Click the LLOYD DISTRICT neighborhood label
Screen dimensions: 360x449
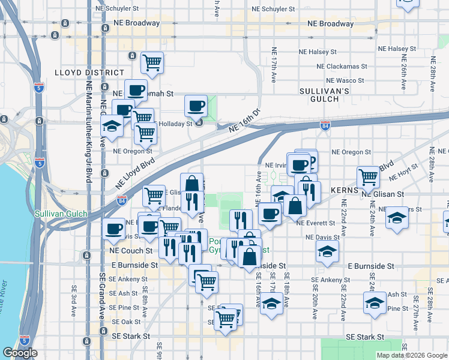(x=89, y=72)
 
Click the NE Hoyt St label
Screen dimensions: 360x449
(x=406, y=176)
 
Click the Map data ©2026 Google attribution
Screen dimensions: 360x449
(x=412, y=355)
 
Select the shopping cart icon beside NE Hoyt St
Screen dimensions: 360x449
(x=368, y=177)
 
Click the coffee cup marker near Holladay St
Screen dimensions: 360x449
(x=196, y=106)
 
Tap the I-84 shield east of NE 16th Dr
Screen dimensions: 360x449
(x=325, y=125)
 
